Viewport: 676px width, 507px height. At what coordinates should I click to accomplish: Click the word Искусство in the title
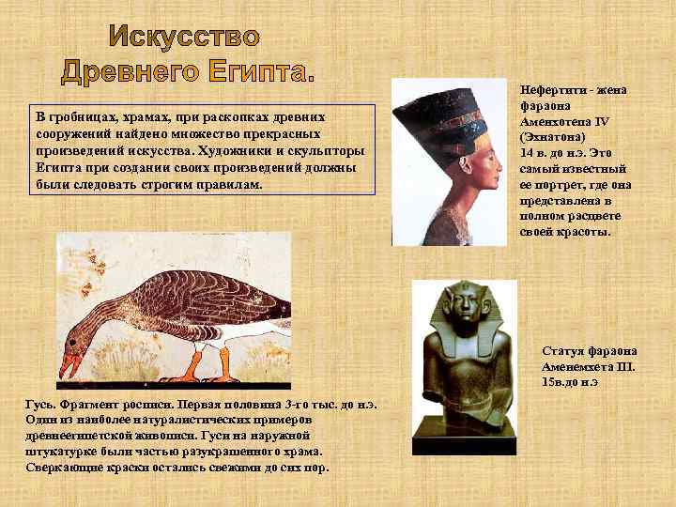point(184,37)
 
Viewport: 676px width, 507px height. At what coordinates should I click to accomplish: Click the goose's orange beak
point(69,362)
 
